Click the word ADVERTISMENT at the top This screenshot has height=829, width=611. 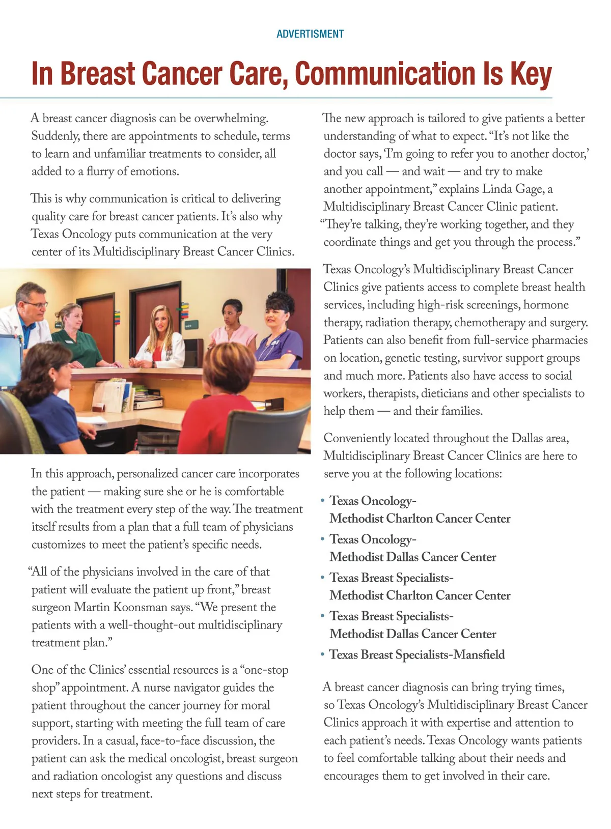(x=310, y=34)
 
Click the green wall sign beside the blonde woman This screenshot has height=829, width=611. (x=189, y=324)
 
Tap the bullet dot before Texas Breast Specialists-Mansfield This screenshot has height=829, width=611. (x=322, y=654)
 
